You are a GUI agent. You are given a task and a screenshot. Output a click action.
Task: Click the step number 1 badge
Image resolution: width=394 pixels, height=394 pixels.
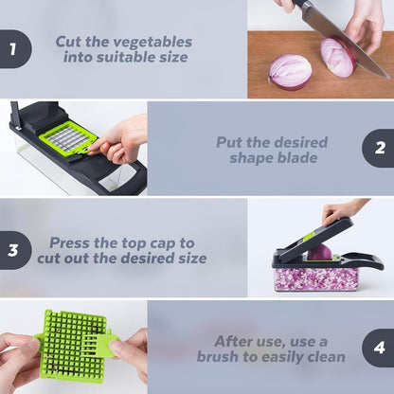(x=13, y=49)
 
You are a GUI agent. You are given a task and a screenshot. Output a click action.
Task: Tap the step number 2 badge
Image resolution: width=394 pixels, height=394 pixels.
(x=379, y=148)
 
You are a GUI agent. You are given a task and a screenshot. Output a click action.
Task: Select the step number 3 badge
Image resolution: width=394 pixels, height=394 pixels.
(x=13, y=250)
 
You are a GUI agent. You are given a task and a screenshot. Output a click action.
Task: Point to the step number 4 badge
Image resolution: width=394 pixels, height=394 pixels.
(x=379, y=348)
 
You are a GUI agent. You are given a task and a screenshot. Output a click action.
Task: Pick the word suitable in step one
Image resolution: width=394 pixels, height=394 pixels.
(x=126, y=58)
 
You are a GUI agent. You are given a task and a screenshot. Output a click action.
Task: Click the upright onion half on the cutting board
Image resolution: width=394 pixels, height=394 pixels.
(x=290, y=71)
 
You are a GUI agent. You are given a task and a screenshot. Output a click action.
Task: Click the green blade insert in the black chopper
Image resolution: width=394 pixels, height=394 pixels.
(x=68, y=139)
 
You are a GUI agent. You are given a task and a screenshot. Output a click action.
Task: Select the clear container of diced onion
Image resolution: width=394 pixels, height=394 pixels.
(x=315, y=278)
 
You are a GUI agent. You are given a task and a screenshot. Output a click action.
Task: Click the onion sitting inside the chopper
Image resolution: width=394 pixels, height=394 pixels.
(x=319, y=252)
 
